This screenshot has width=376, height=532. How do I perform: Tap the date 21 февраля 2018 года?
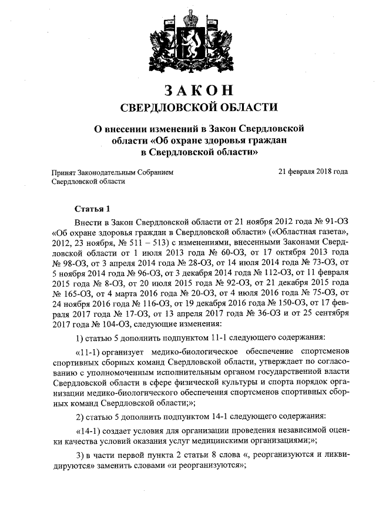(x=313, y=172)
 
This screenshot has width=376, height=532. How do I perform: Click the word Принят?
(x=64, y=172)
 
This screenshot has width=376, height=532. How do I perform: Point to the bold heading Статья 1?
(x=93, y=209)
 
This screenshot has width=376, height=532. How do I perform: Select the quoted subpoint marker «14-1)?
(x=90, y=430)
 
